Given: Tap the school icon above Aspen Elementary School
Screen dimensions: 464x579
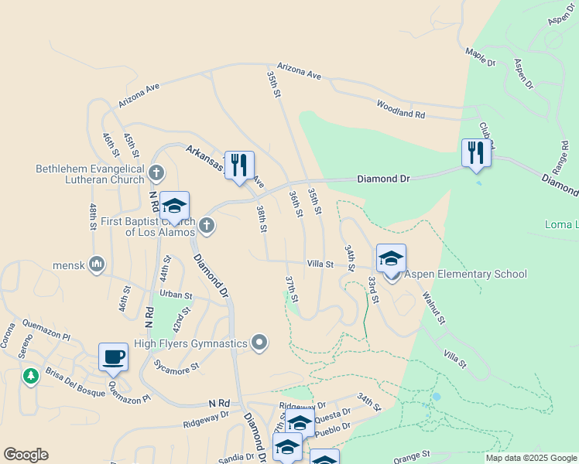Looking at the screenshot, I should [x=391, y=258].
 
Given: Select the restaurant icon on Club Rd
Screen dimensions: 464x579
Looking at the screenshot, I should [x=475, y=152].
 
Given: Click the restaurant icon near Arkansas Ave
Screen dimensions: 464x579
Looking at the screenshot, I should [x=239, y=164].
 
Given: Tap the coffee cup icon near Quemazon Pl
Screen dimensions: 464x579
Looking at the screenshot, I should [x=113, y=357].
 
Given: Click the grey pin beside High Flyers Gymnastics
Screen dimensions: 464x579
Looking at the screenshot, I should [x=259, y=342].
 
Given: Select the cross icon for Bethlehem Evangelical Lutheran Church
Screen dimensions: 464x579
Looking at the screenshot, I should [x=156, y=172].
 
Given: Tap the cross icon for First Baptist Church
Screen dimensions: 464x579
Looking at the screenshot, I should [x=206, y=226].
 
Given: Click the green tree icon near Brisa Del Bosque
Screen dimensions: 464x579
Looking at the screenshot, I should [x=30, y=376].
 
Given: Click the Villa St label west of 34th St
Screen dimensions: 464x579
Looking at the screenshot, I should [x=320, y=264].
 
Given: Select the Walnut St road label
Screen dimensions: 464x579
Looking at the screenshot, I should [x=434, y=308].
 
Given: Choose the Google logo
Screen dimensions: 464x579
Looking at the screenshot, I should [x=26, y=455].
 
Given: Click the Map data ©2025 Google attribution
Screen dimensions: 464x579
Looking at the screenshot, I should [x=530, y=458].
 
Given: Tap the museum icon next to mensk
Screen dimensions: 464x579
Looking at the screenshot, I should [x=97, y=264].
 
